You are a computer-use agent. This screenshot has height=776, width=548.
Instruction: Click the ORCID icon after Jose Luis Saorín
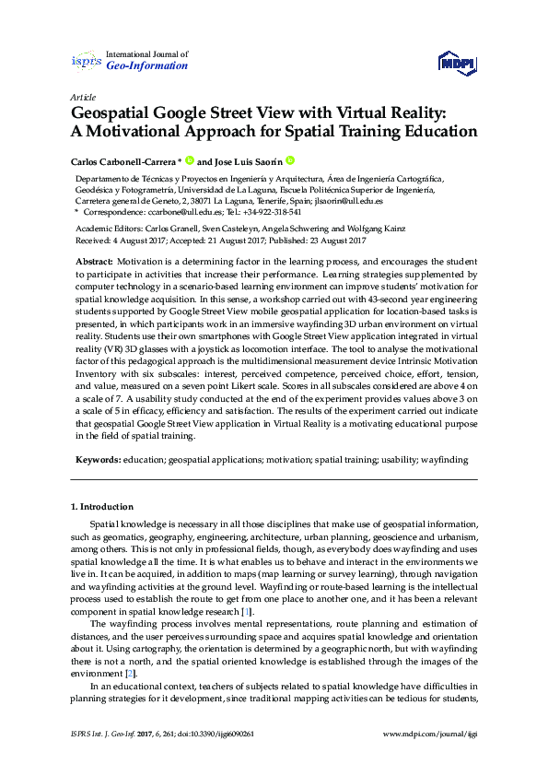pos(288,159)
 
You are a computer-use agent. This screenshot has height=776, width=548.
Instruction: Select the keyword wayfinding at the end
pos(444,458)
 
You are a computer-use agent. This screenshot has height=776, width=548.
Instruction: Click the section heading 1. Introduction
pos(102,507)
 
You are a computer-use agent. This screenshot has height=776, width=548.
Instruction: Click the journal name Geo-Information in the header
pos(147,66)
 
